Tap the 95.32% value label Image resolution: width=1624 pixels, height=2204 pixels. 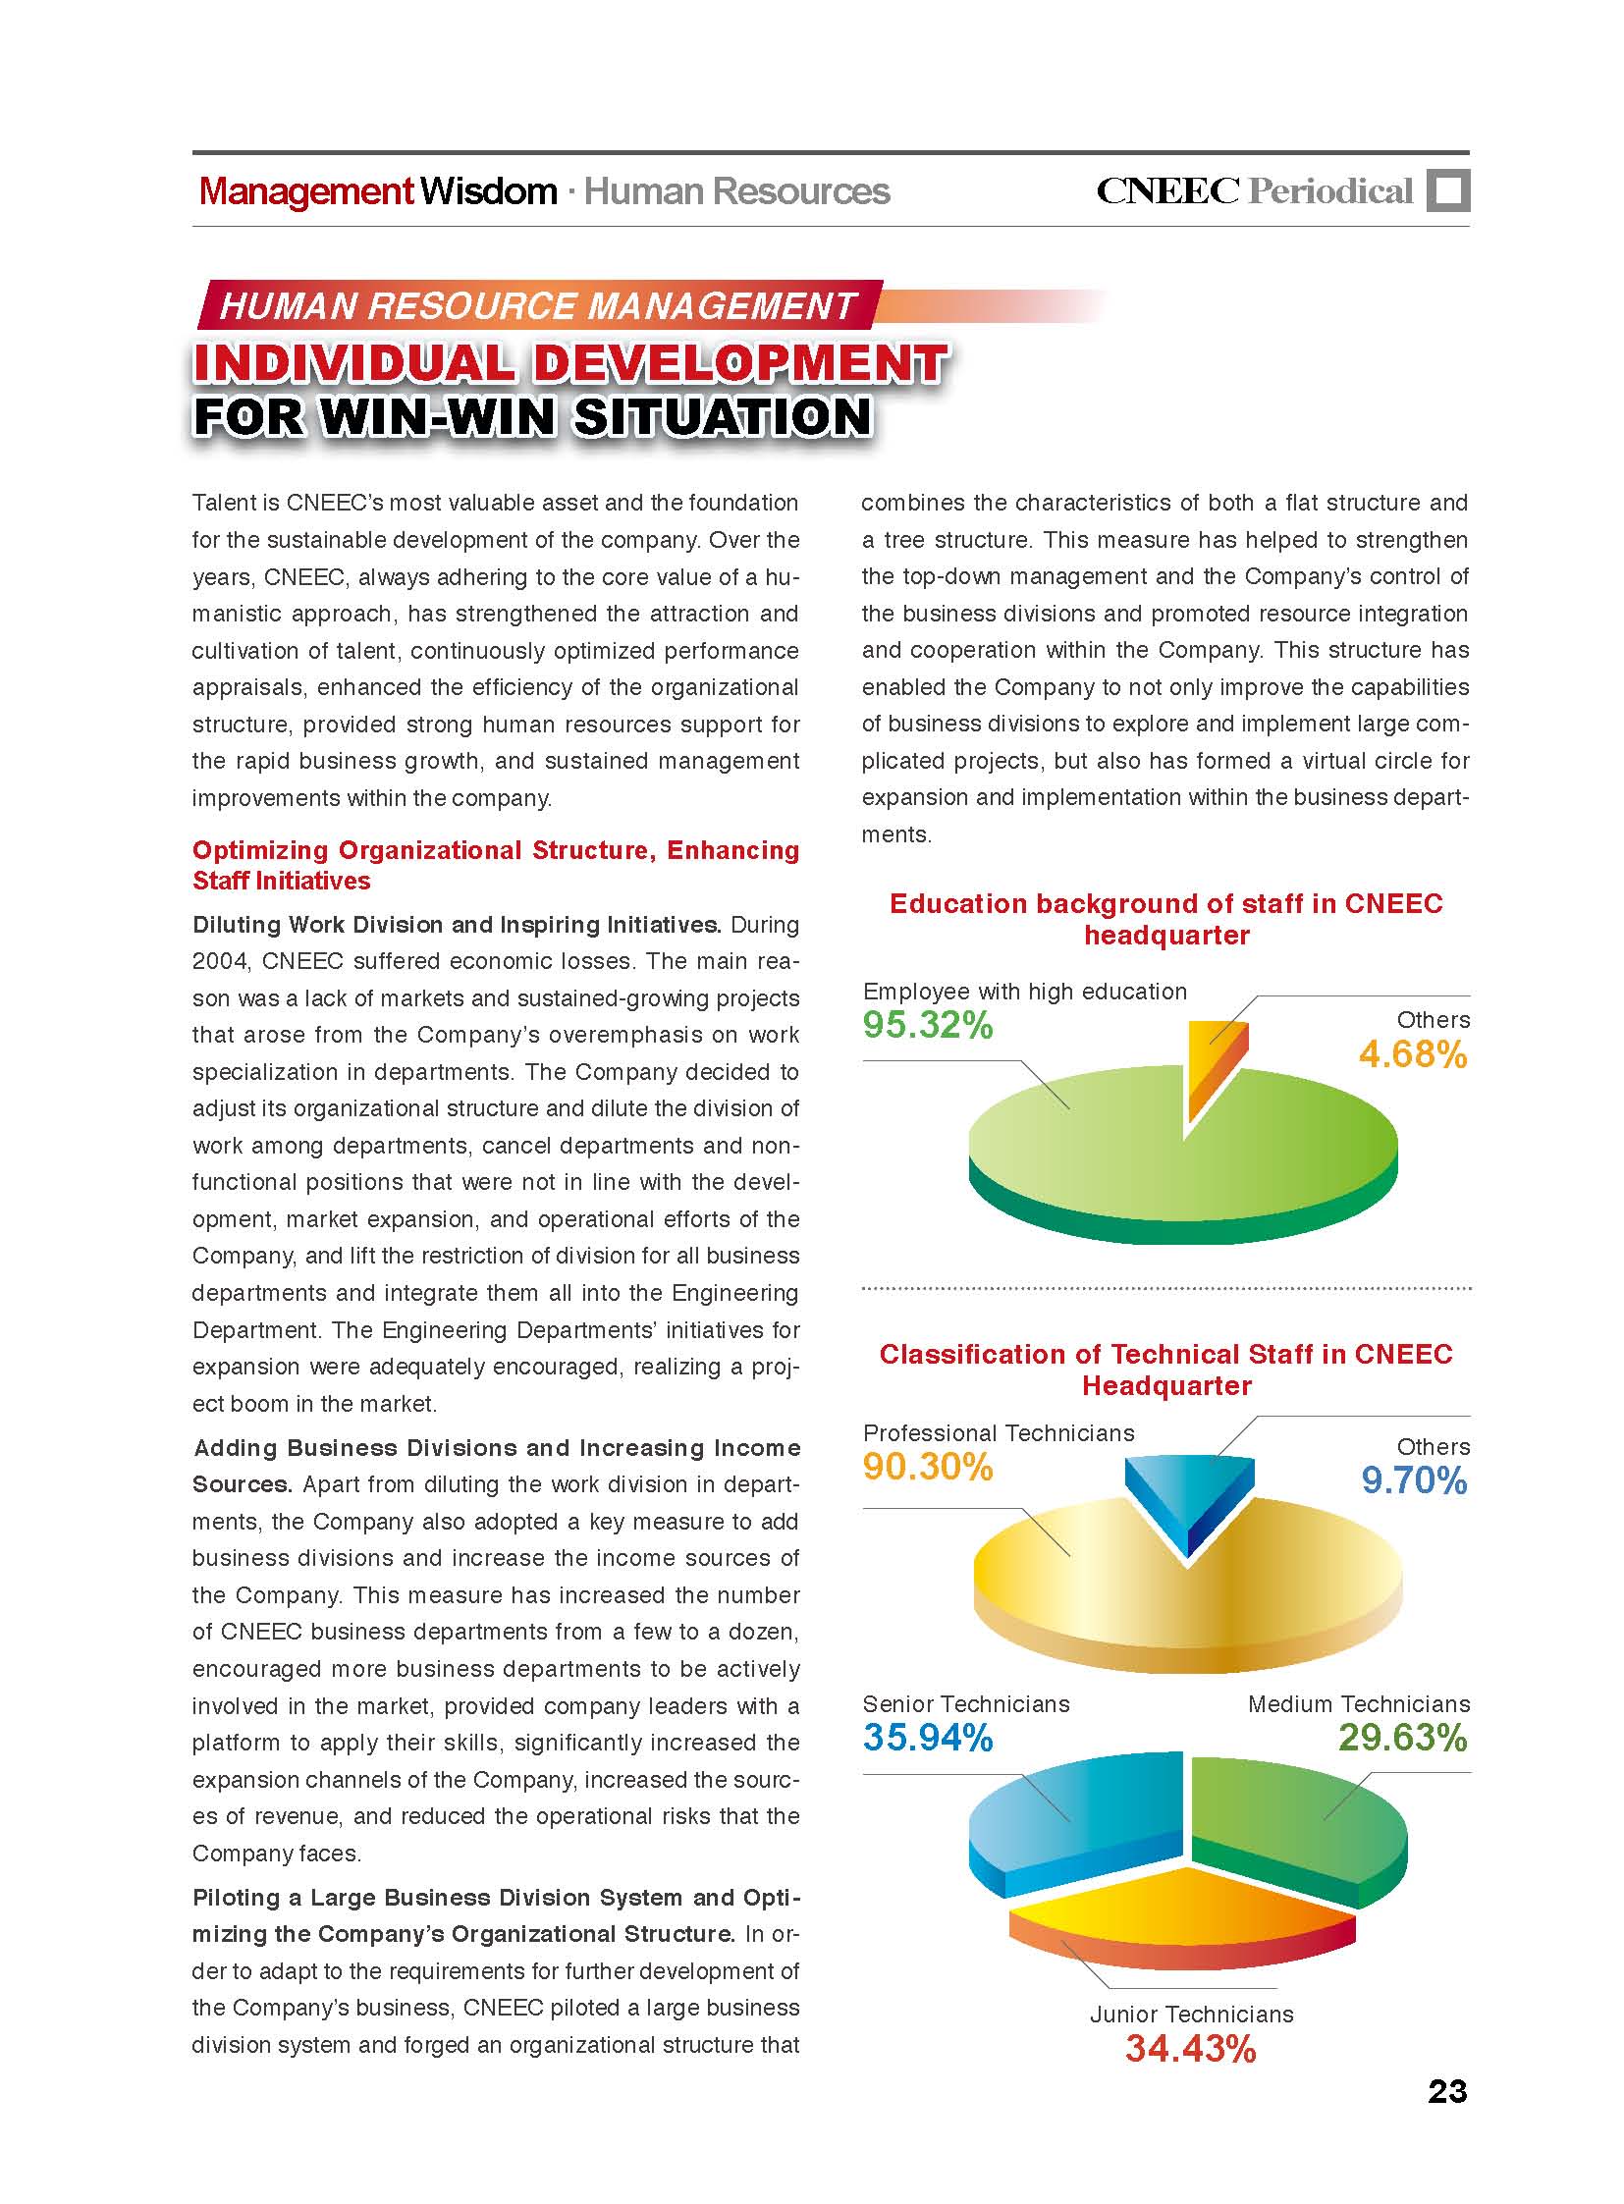pos(928,1025)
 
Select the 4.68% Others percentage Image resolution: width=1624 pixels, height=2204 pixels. pos(1412,1054)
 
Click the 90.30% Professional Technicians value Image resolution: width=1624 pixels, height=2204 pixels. pos(928,1467)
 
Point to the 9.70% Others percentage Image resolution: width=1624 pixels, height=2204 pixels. pos(1414,1480)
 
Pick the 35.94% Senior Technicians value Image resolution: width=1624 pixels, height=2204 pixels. pos(928,1738)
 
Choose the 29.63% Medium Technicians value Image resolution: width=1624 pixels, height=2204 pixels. pos(1402,1738)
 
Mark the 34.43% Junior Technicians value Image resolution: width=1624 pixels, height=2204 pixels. pos(1190,2049)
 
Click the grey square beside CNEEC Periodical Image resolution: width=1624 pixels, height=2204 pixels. pos(1448,190)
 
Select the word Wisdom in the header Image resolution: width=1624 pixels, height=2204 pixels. pos(489,190)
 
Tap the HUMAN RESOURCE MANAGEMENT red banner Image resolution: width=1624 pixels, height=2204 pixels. pos(538,305)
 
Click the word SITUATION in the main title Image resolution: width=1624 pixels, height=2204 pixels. pos(723,416)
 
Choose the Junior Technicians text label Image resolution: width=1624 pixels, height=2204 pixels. pos(1191,2014)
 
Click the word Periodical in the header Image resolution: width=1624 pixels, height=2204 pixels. pos(1330,190)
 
